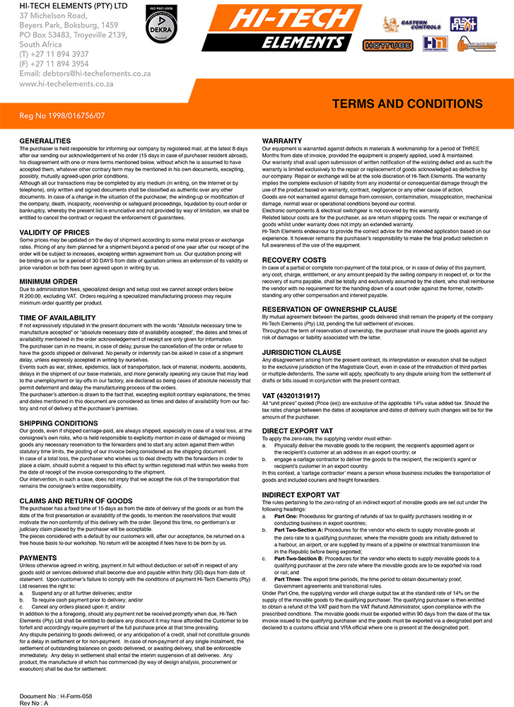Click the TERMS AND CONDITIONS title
pos(407,104)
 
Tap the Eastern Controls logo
pos(411,24)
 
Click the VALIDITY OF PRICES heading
pos(54,233)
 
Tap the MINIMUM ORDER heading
pos(48,281)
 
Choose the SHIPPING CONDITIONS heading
pos(59,423)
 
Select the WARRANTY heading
pos(282,141)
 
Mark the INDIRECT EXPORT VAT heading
pos(301,494)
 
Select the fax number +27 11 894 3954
pos(54,64)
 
